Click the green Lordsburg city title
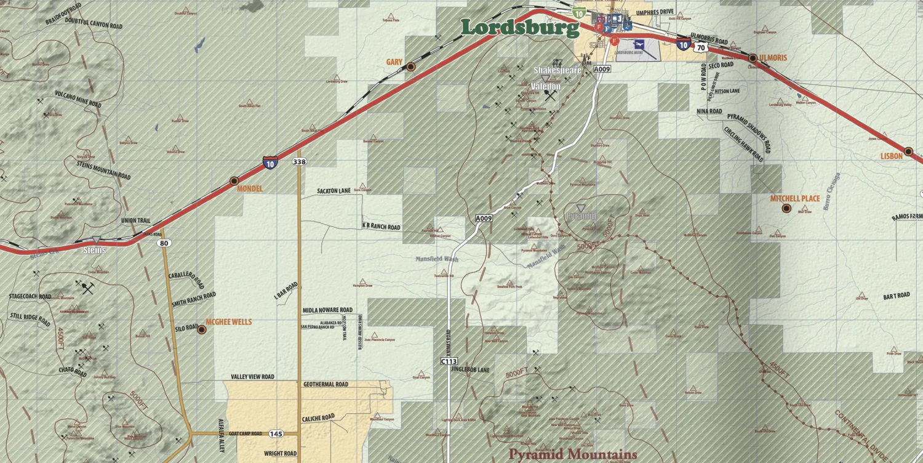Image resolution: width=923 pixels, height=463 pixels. point(520,27)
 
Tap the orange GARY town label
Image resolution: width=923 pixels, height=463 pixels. point(394,62)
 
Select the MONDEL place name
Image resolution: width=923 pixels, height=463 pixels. point(250,188)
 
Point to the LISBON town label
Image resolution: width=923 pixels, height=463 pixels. point(891,156)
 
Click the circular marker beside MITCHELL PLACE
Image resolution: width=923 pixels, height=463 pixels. point(786,209)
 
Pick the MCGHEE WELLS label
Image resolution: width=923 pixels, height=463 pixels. point(228,322)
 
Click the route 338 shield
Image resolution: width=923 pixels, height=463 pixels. point(300,162)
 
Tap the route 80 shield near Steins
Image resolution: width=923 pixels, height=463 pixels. point(164,243)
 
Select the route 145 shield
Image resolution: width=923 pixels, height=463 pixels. point(276,434)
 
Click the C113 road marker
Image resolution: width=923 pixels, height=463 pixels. point(449,361)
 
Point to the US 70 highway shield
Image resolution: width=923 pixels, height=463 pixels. point(701,47)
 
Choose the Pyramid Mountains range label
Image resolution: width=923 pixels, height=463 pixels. point(572,454)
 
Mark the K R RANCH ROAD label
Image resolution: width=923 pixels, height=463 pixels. point(381,227)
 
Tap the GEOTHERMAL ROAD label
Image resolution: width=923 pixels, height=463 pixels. point(326,384)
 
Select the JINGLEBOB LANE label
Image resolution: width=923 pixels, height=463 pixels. point(470,370)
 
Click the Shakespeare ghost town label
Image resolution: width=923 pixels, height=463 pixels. point(557,71)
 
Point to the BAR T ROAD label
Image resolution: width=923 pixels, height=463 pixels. point(897,296)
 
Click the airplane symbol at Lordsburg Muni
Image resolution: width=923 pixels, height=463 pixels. point(641,44)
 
